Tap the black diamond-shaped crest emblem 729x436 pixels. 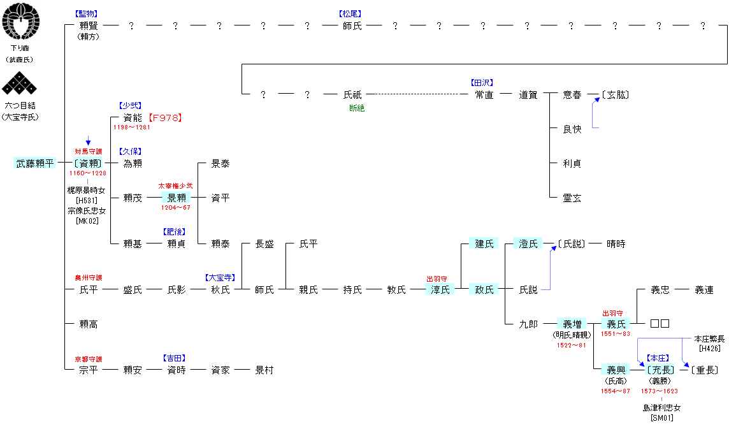[19, 84]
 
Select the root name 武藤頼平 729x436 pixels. [35, 163]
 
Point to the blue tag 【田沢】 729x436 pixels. [482, 83]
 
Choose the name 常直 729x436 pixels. [484, 95]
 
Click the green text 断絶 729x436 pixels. [357, 108]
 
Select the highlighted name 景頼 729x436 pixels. [177, 198]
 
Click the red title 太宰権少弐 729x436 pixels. [175, 186]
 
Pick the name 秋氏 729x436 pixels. [220, 290]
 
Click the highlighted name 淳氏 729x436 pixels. [440, 290]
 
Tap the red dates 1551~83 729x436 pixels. [616, 334]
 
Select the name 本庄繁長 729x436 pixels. [709, 339]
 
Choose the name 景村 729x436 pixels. [264, 370]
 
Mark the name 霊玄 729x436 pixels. [572, 198]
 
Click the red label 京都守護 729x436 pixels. [89, 359]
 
